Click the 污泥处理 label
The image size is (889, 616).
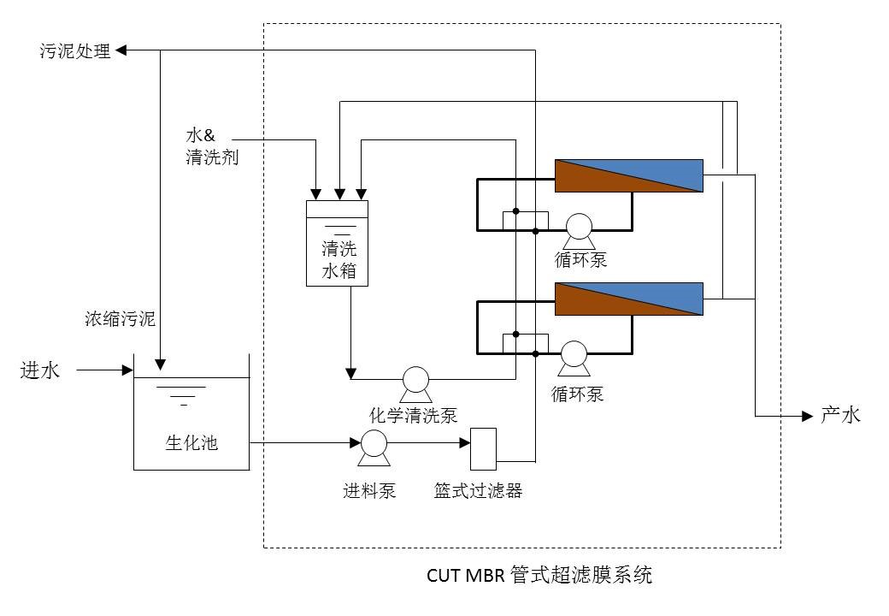[x=75, y=51]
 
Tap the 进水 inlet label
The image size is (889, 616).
[x=40, y=370]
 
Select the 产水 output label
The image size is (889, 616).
[x=840, y=416]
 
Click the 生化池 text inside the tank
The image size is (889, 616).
[x=191, y=442]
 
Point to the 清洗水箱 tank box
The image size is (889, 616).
[x=337, y=244]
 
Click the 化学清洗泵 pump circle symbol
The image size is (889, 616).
[x=415, y=380]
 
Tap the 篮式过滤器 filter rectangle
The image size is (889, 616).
[x=484, y=448]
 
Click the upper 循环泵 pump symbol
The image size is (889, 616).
[x=579, y=226]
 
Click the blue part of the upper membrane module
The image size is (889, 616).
[x=658, y=170]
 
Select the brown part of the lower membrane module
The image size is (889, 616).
[x=598, y=306]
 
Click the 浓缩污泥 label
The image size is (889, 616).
[x=121, y=320]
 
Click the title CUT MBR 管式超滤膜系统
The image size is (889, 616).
[x=539, y=574]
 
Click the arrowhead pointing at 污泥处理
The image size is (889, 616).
[x=121, y=51]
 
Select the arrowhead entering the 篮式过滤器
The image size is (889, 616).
[x=466, y=444]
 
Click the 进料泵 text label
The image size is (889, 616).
[x=369, y=491]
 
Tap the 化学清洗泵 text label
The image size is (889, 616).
[x=413, y=416]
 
